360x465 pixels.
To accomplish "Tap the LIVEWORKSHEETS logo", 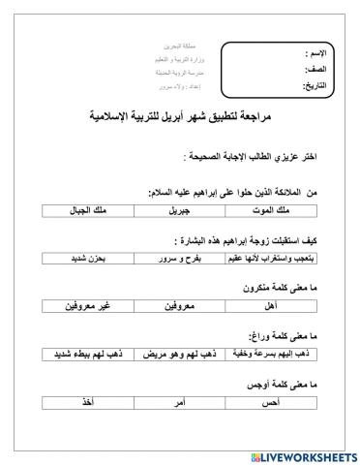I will (x=295, y=453).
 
